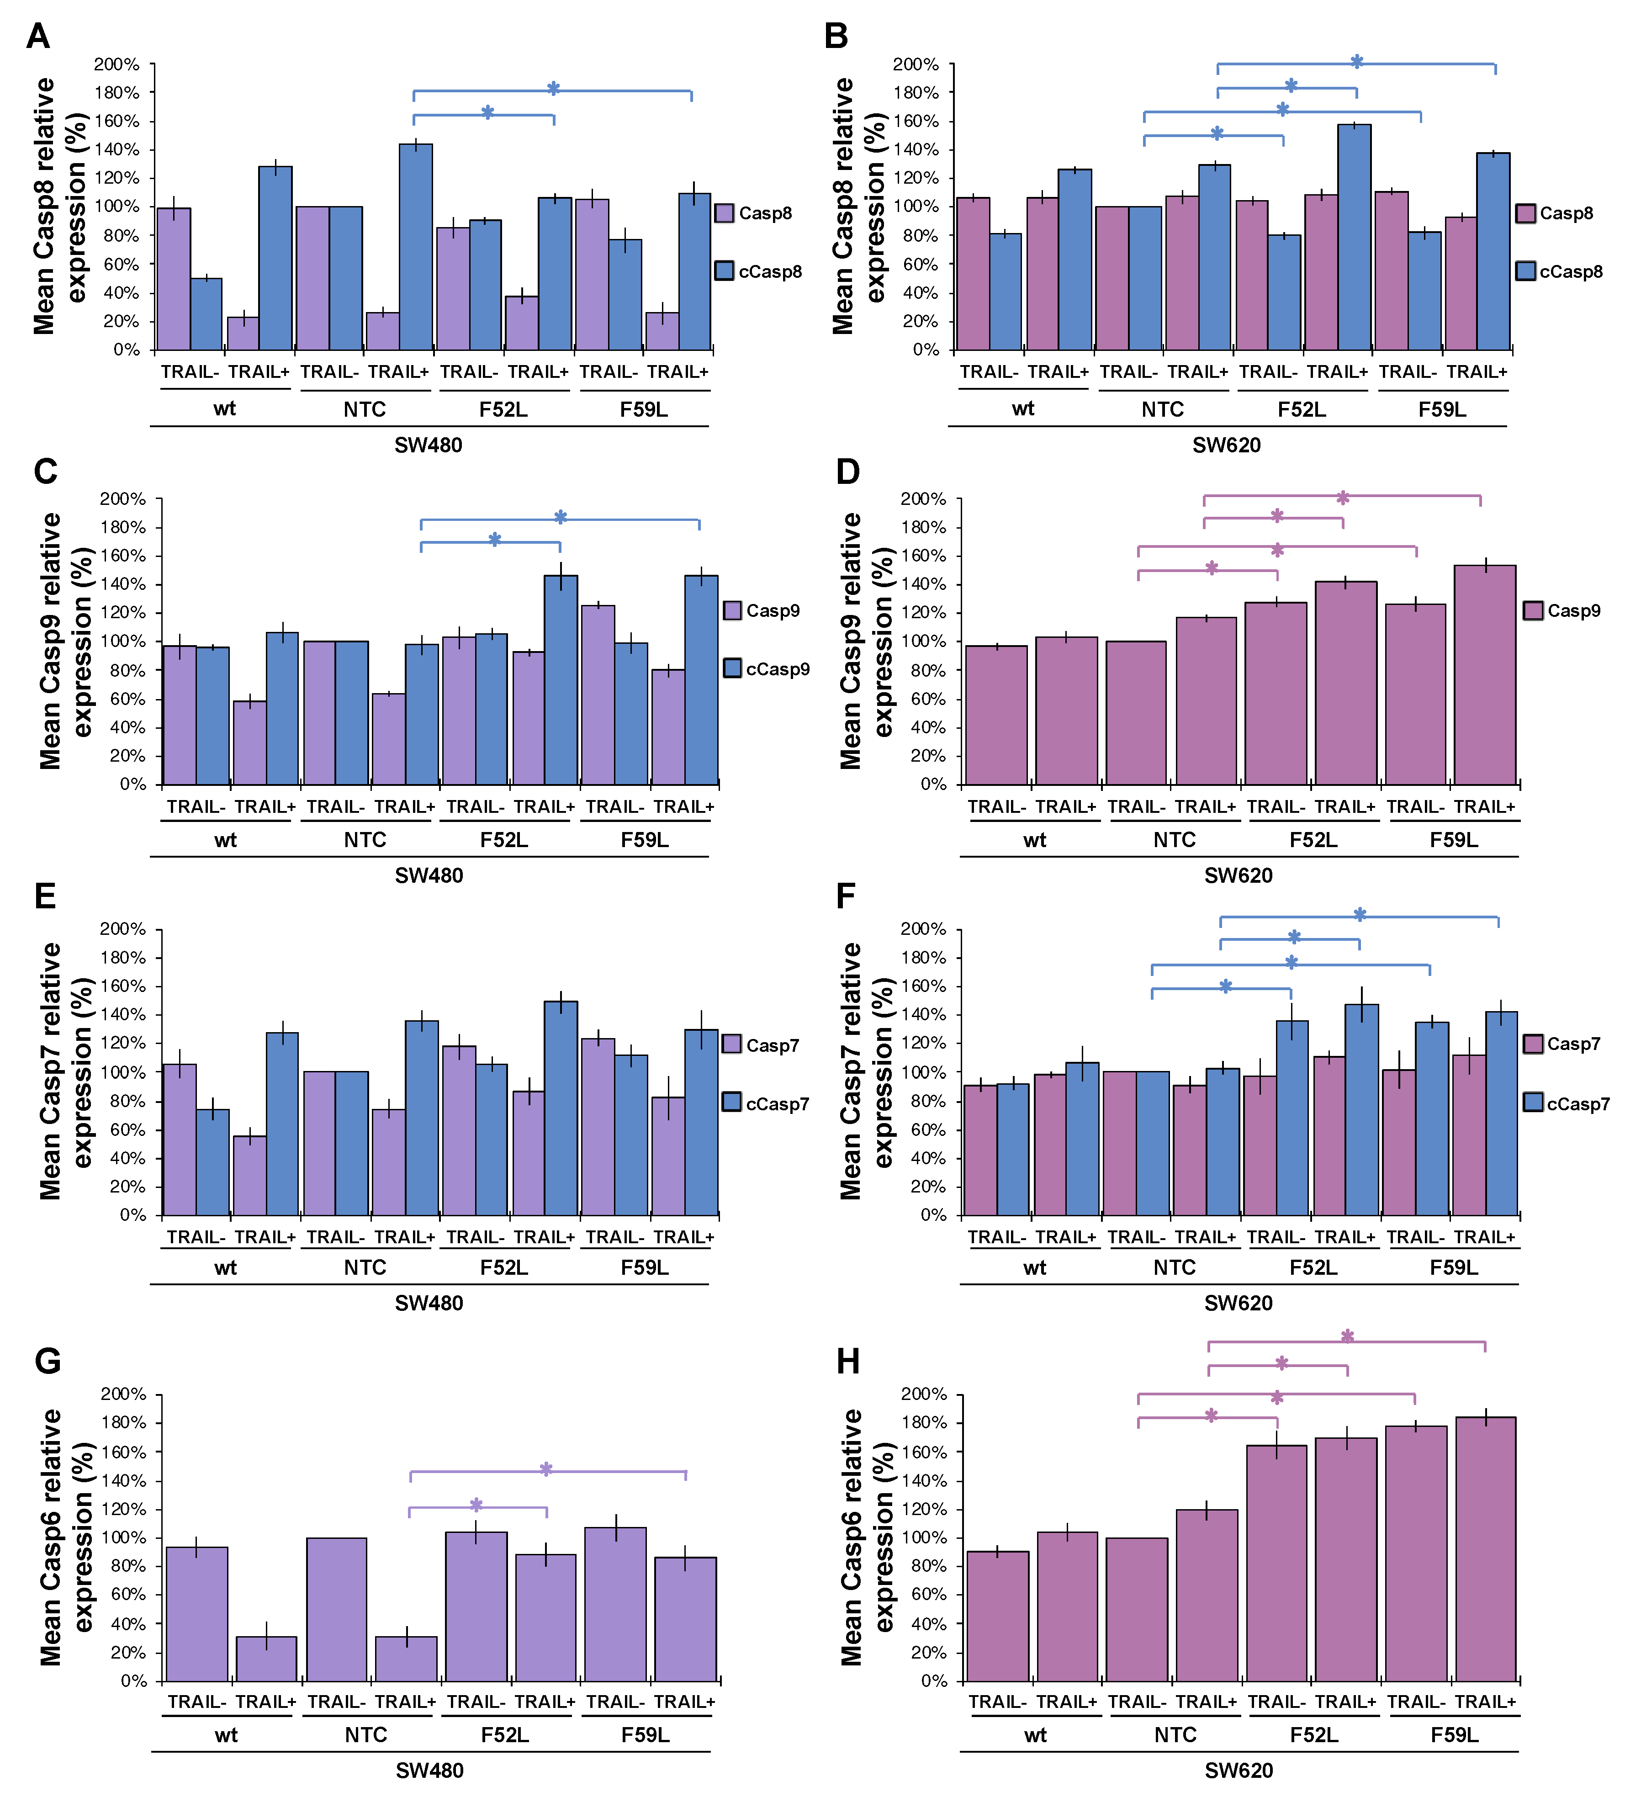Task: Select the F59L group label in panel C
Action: pos(645,840)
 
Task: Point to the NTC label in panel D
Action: pos(1174,840)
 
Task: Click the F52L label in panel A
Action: pos(503,409)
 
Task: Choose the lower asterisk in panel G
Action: pos(476,1505)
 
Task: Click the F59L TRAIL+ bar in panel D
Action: pos(1485,675)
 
